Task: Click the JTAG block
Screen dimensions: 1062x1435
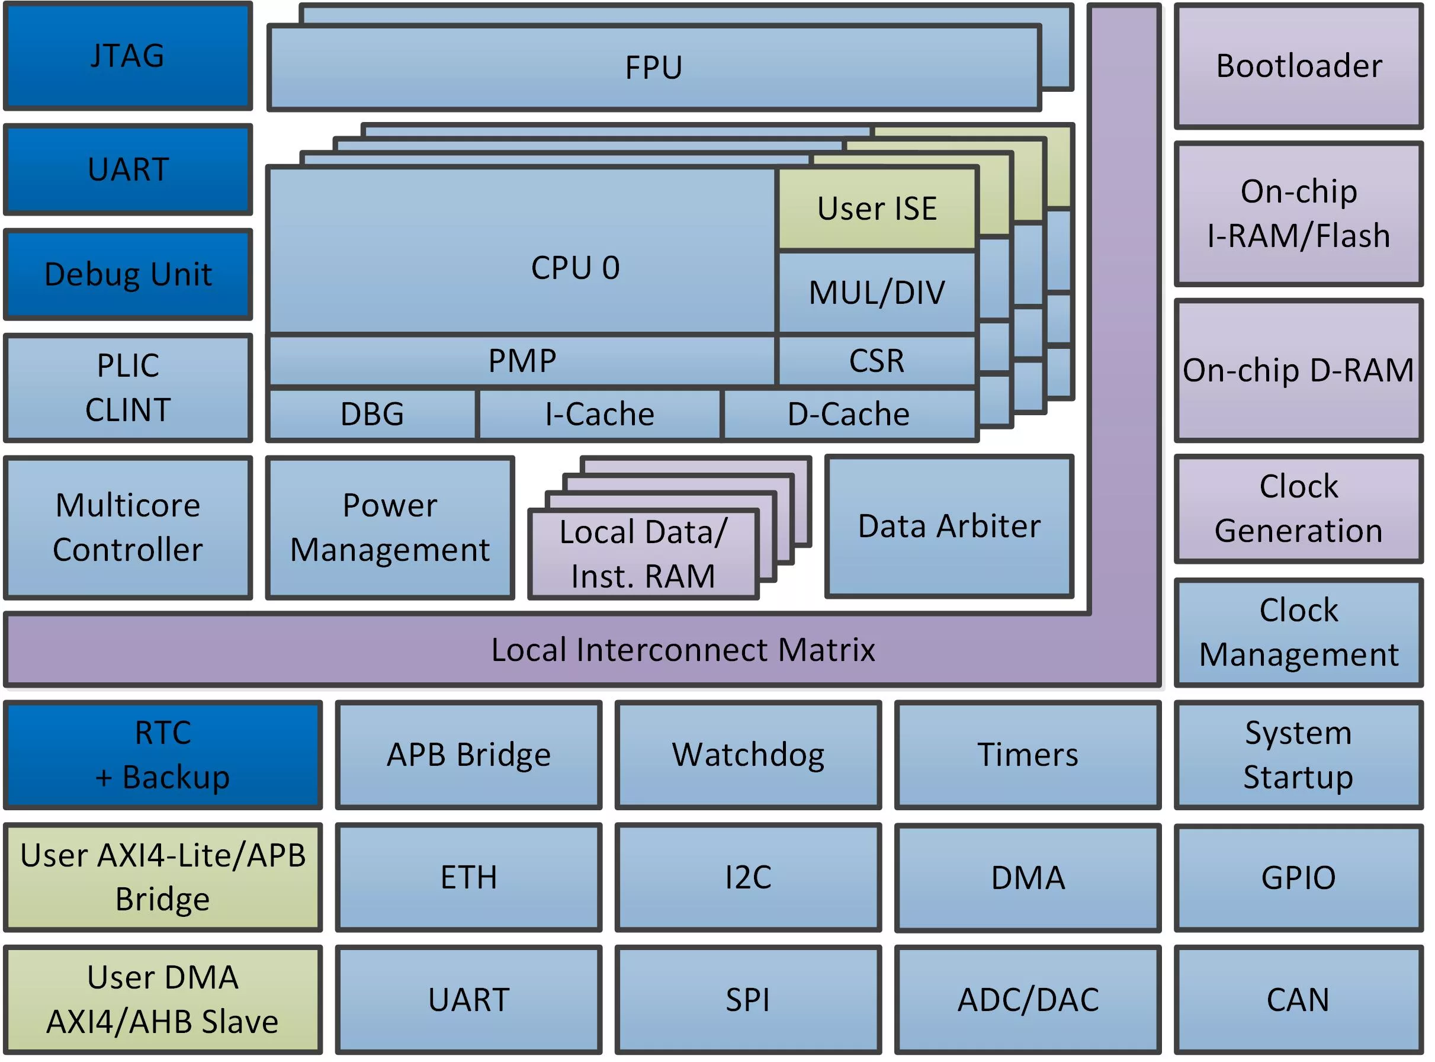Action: (128, 56)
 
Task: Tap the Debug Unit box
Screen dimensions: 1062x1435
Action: (128, 274)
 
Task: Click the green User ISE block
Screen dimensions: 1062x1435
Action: (877, 209)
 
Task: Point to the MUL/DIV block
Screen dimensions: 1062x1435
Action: (877, 293)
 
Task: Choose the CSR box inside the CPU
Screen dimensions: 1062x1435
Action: (877, 361)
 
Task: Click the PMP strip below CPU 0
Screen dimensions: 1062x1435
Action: (522, 361)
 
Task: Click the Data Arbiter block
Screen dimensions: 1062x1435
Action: (949, 527)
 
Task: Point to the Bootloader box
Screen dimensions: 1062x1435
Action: (1298, 66)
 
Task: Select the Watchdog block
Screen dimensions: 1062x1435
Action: (748, 755)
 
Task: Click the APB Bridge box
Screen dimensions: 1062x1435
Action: (468, 755)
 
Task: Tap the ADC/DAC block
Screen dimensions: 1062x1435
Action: (1028, 1000)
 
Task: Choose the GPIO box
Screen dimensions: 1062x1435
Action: (1298, 878)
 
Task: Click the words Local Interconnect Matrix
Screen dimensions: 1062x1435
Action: (682, 650)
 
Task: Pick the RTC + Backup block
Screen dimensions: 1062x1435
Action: (163, 755)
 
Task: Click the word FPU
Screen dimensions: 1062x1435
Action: (654, 68)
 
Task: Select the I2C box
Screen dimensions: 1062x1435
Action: (748, 878)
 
